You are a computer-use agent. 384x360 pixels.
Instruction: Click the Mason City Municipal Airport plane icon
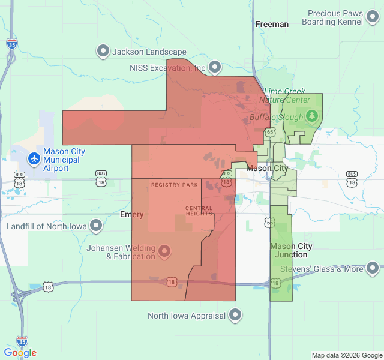tap(34, 159)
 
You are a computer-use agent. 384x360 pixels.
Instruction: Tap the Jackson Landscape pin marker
tap(103, 52)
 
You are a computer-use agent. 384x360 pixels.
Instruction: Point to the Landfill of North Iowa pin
tap(96, 226)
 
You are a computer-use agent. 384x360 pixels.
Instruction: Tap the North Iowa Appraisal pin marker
tap(235, 314)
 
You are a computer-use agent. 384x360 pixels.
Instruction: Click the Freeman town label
tap(272, 24)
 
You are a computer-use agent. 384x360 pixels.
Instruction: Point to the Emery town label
tap(131, 214)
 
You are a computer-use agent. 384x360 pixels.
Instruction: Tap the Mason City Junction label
tap(291, 250)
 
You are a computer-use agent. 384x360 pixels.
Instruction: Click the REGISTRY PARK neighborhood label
tap(175, 185)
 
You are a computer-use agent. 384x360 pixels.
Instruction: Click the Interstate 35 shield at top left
tap(11, 44)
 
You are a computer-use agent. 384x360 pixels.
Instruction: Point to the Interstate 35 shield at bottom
tap(22, 341)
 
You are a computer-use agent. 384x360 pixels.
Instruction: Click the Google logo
tap(20, 353)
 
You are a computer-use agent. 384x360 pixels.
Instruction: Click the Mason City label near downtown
tap(267, 169)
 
